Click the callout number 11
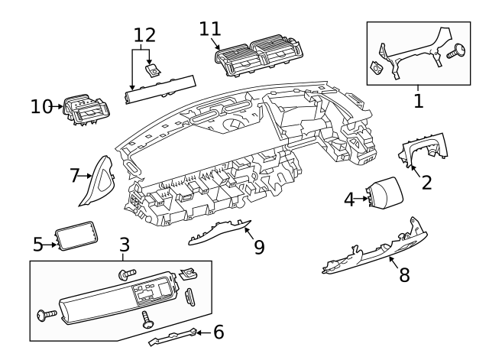coord(210,29)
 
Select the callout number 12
coord(144,35)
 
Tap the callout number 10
coord(41,107)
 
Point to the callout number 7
coord(74,175)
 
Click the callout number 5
coord(38,245)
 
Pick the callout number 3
coord(125,245)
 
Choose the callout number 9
coord(259,247)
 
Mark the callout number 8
coord(404,275)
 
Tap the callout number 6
coord(219,332)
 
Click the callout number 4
coord(349,199)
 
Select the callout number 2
coord(426,183)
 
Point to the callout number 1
coord(419,101)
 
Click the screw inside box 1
coord(456,51)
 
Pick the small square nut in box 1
coord(376,66)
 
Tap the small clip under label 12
coord(154,70)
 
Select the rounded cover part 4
coord(384,192)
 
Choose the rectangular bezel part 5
coord(76,236)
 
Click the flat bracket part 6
coord(173,337)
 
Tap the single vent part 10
coord(86,109)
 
